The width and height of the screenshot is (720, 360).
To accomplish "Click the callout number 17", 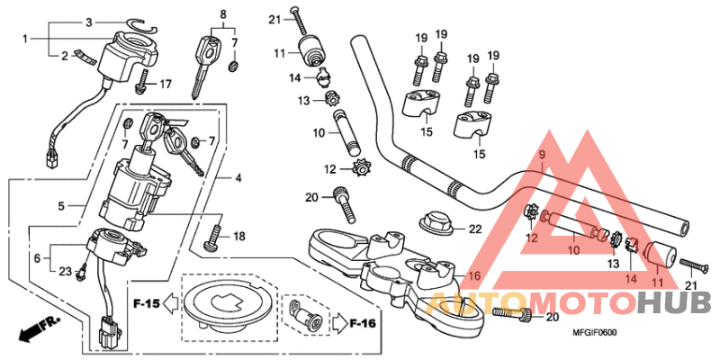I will point(166,85).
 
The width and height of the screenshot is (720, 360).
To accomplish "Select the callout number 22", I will point(475,229).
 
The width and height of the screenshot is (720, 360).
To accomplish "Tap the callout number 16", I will point(474,277).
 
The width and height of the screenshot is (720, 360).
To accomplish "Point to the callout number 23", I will point(65,271).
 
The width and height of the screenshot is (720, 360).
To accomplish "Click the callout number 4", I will point(238,178).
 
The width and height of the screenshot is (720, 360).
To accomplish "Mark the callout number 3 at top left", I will point(89,22).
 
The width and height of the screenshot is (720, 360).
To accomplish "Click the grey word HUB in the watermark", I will point(672,303).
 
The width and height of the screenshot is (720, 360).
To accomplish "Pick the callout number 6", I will point(37,257).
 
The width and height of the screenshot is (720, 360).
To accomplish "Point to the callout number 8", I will point(222,14).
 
